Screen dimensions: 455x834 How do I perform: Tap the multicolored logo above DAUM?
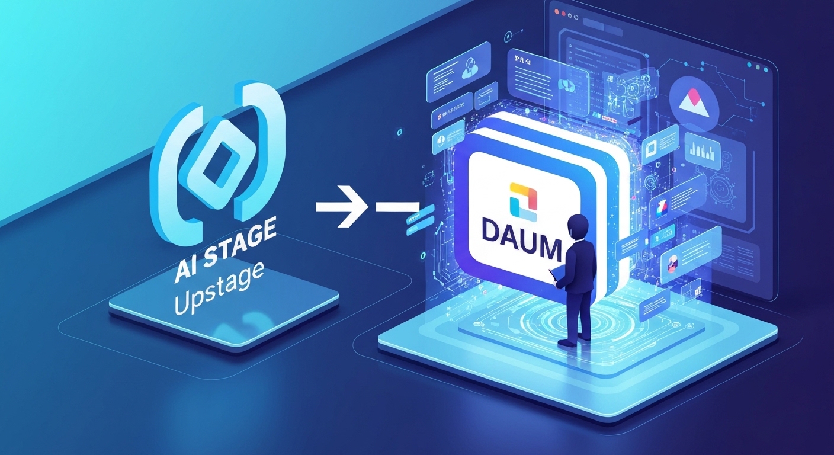tap(522, 200)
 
